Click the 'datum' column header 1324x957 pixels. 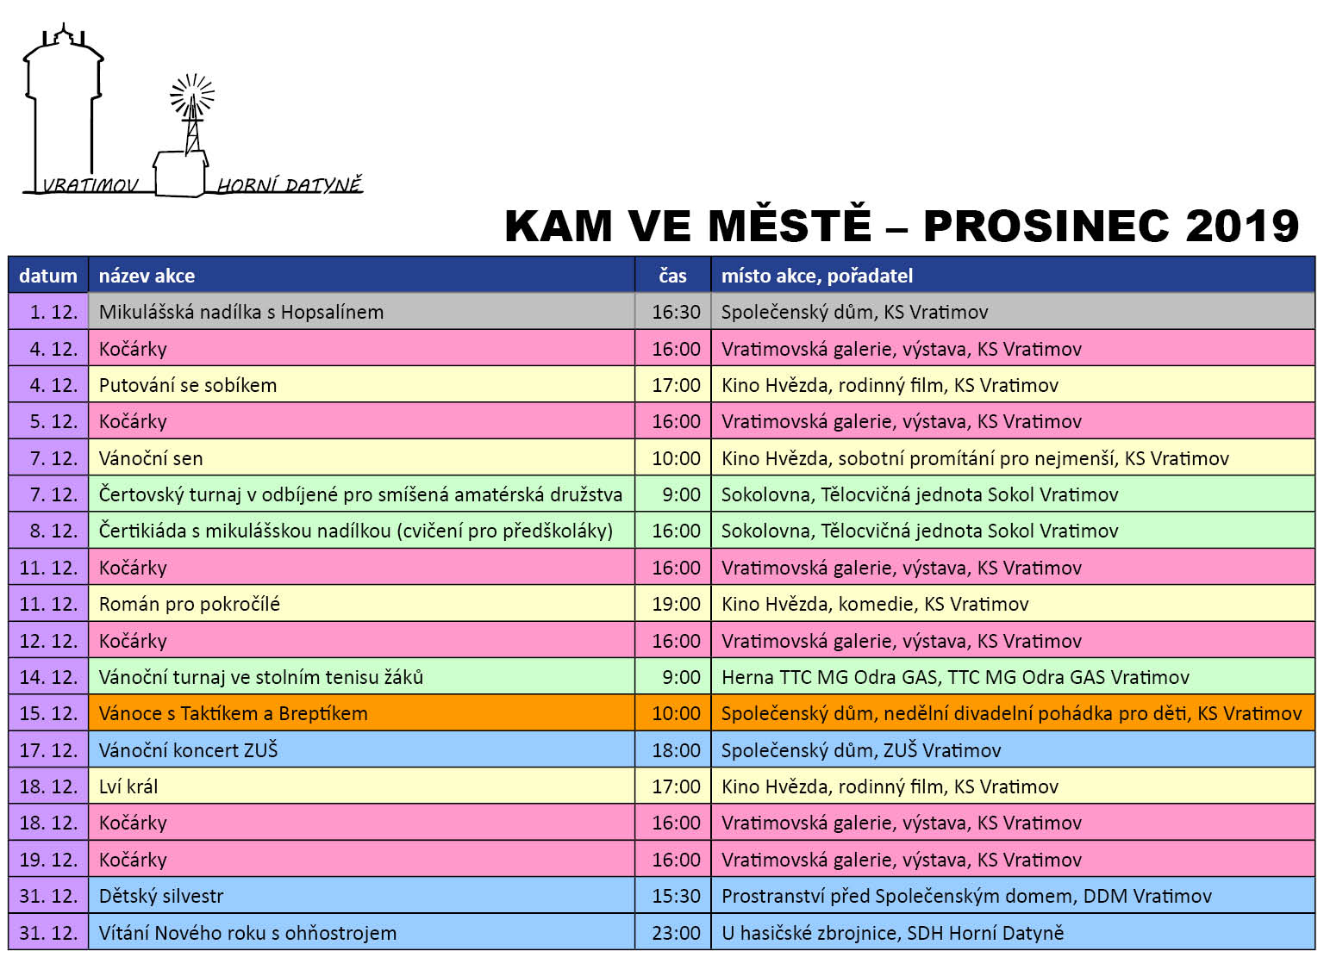[x=48, y=276]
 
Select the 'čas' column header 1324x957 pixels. [x=672, y=276]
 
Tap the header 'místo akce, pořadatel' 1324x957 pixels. [x=816, y=276]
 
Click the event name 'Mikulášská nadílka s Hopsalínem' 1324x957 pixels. [x=241, y=312]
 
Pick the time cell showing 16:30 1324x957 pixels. [x=676, y=312]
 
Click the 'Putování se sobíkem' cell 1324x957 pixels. [x=188, y=385]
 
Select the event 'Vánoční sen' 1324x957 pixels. [x=151, y=458]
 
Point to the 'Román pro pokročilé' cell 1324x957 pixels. [x=190, y=604]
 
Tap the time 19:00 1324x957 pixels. [x=676, y=604]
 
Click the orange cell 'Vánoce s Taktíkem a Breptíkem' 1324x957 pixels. [x=234, y=713]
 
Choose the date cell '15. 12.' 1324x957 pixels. [x=48, y=713]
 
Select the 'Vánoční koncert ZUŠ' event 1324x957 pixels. [x=189, y=750]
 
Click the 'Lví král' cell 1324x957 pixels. [x=128, y=786]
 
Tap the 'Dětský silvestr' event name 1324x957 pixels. [x=161, y=896]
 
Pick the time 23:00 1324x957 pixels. [x=676, y=933]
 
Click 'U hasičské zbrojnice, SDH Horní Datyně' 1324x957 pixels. [x=892, y=933]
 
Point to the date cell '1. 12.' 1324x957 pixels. [x=53, y=312]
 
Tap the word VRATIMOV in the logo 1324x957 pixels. [x=90, y=185]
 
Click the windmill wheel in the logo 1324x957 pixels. [x=192, y=95]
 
